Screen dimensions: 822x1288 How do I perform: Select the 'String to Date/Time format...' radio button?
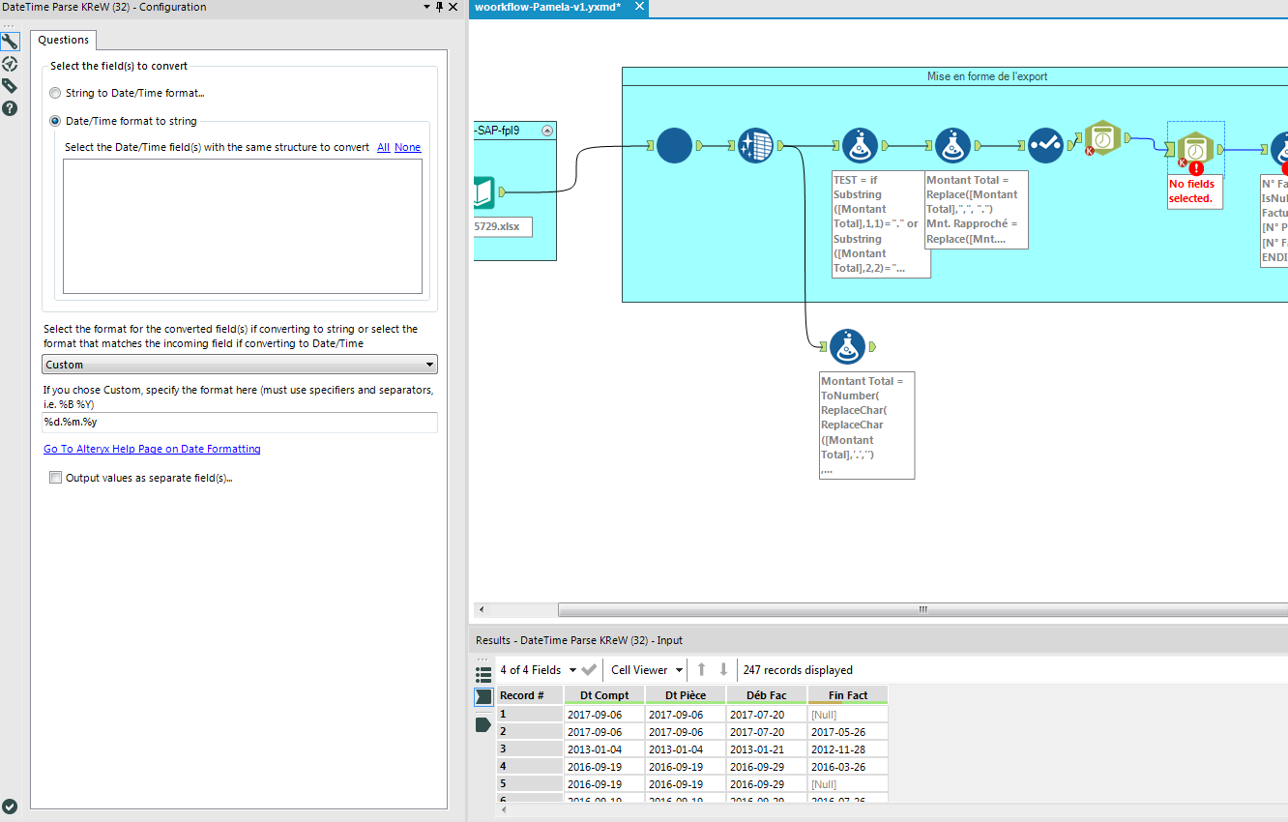coord(55,93)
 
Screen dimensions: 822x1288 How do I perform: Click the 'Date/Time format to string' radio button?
coord(55,121)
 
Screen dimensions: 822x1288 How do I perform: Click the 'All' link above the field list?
coord(383,147)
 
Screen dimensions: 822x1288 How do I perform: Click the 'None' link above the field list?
coord(407,147)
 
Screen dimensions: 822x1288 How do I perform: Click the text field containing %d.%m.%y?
coord(240,423)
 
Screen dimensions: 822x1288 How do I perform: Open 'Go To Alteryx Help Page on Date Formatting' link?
coord(152,449)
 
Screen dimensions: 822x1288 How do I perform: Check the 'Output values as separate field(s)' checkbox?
coord(56,478)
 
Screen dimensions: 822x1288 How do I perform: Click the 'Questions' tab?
coord(64,40)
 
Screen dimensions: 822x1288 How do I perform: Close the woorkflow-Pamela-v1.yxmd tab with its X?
coord(639,7)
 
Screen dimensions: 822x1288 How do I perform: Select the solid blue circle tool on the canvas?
coord(674,146)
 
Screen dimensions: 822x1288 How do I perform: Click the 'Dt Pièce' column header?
coord(685,695)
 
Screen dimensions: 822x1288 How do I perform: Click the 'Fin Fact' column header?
coord(847,695)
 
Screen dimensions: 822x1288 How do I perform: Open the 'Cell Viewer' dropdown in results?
coord(647,670)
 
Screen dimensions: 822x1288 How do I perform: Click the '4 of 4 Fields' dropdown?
coord(538,670)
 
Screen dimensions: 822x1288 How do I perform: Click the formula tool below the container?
coord(847,346)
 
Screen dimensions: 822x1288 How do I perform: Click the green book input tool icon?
coord(484,192)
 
